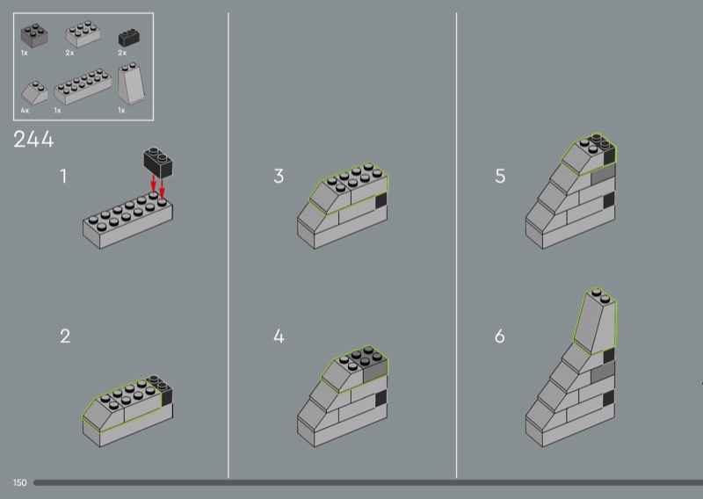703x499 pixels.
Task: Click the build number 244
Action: point(33,139)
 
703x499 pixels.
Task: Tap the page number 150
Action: point(19,482)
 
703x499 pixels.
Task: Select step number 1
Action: point(63,177)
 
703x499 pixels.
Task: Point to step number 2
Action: point(65,336)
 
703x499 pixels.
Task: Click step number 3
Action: point(279,177)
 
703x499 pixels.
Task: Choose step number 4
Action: point(279,336)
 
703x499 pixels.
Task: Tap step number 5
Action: point(500,177)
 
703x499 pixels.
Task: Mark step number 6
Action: point(499,336)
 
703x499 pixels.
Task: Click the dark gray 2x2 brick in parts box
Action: point(34,36)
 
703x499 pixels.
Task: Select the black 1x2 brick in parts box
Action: point(128,38)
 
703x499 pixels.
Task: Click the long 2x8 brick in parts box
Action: point(83,87)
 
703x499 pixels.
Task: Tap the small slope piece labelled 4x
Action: point(34,93)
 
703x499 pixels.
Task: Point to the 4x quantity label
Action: point(25,111)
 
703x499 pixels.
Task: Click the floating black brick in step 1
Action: point(158,163)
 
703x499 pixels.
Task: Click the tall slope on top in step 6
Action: point(595,322)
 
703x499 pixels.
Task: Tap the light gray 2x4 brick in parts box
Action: point(83,34)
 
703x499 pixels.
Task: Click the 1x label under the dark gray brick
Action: point(25,53)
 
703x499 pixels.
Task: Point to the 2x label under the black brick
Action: point(122,53)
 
